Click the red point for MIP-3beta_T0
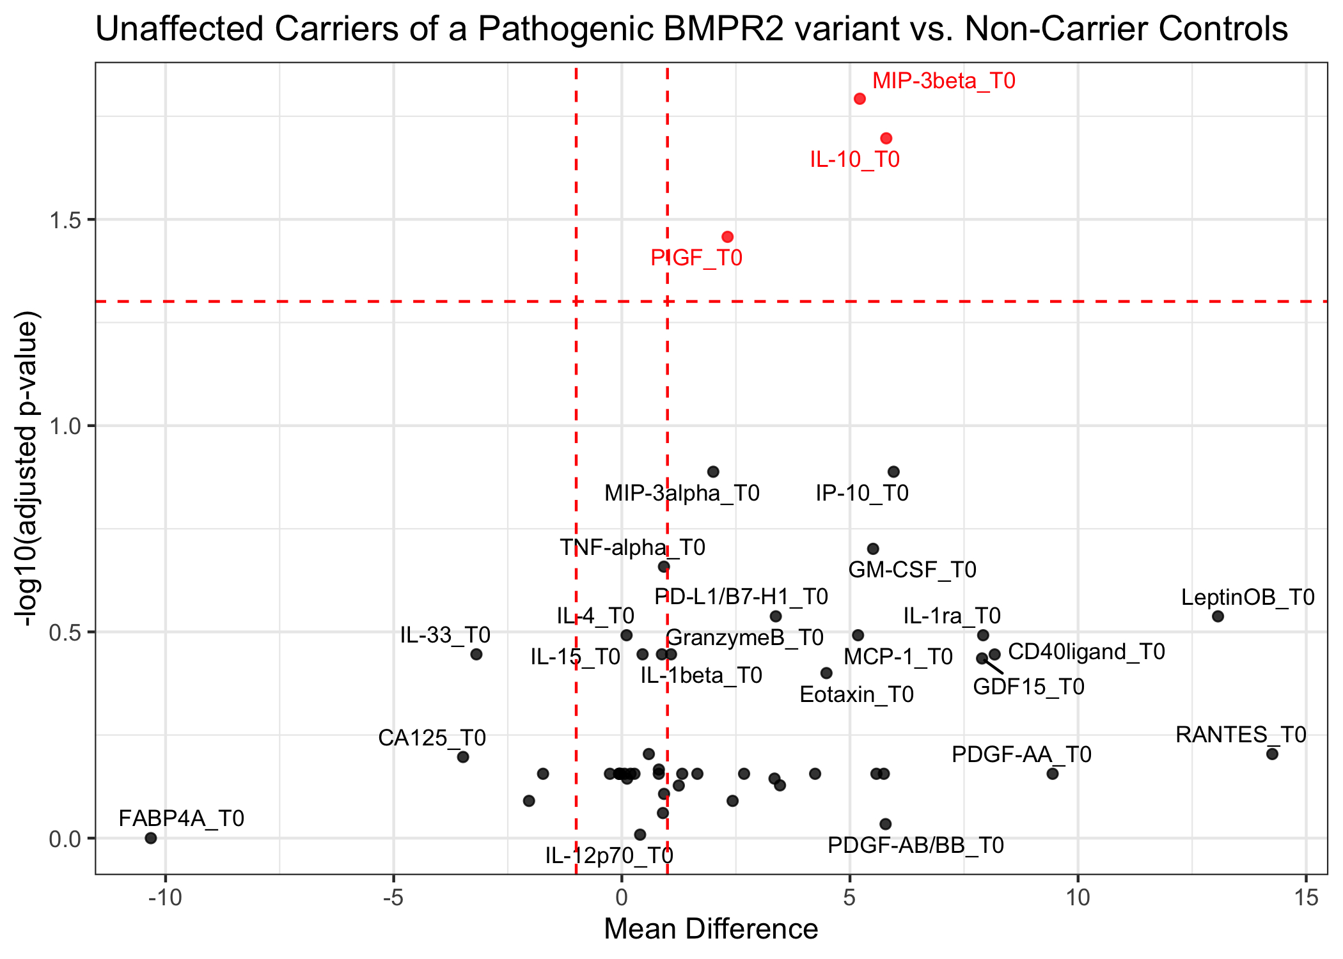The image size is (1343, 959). click(x=860, y=98)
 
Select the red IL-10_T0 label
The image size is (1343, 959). click(x=854, y=159)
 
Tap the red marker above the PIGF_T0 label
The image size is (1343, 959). click(x=727, y=237)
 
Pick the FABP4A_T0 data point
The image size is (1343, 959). click(x=151, y=838)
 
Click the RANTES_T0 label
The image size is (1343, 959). click(x=1241, y=735)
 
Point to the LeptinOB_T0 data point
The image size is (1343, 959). click(x=1218, y=616)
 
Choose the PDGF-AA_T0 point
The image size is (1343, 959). click(x=1053, y=774)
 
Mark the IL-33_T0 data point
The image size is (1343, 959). click(x=476, y=654)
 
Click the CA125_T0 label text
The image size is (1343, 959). click(x=432, y=738)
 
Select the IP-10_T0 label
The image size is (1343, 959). click(x=862, y=493)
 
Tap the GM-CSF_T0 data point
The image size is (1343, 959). click(x=873, y=549)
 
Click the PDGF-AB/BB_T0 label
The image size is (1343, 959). click(x=916, y=845)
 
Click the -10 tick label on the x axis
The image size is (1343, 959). click(x=165, y=898)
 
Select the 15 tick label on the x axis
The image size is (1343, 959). click(x=1305, y=898)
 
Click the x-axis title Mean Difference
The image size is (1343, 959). click(x=711, y=929)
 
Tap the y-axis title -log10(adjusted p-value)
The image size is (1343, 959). click(x=28, y=468)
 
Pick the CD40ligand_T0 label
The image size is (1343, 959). click(x=1086, y=651)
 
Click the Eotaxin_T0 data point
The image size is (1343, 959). click(x=826, y=673)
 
